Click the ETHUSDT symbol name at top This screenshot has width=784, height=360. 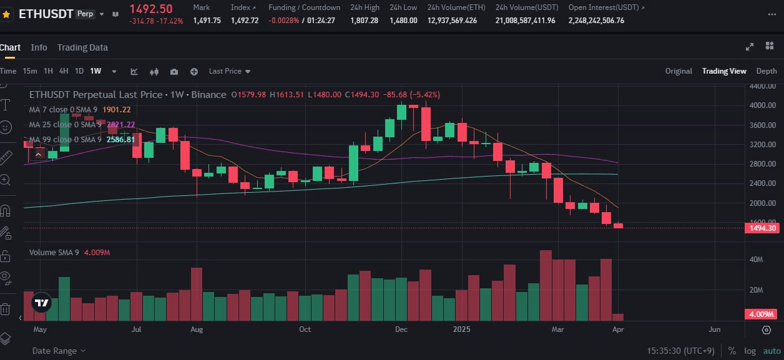(x=46, y=13)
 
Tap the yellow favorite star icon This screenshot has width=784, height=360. (x=6, y=13)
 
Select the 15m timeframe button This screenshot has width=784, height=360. (x=30, y=71)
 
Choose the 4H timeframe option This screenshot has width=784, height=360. (x=64, y=71)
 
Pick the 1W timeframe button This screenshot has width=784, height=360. (x=96, y=71)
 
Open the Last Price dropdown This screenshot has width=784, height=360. (x=229, y=71)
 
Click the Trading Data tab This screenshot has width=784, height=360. (x=82, y=47)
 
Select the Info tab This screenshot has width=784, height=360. (x=39, y=47)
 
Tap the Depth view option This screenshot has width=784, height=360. (x=767, y=71)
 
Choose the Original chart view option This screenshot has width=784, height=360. (x=679, y=71)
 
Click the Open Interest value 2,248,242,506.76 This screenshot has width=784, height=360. (x=596, y=21)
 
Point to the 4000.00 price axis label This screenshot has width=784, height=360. (x=762, y=105)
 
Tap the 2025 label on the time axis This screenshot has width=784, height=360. (x=461, y=329)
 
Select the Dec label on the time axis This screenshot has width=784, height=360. (x=401, y=329)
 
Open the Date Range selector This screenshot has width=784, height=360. (x=59, y=351)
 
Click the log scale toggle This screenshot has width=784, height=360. (x=749, y=351)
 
